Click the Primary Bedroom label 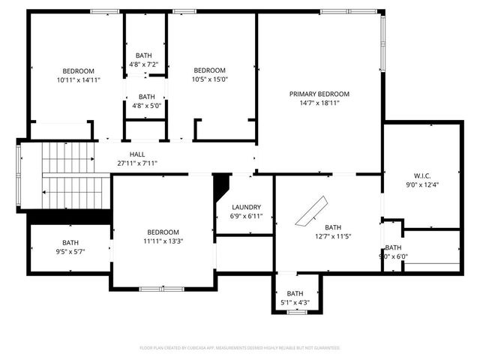(319, 94)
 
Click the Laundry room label (246, 207)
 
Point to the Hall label (137, 154)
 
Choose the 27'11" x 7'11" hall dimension (137, 163)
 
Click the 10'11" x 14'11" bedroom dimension (78, 79)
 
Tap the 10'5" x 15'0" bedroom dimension (210, 79)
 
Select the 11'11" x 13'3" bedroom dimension (163, 241)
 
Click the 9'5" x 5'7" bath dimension (70, 252)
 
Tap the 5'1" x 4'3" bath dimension (295, 303)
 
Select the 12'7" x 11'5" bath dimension (332, 236)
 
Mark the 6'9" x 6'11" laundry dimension (246, 216)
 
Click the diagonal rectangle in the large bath (311, 211)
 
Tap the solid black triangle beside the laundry (221, 184)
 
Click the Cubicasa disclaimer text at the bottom (240, 348)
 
